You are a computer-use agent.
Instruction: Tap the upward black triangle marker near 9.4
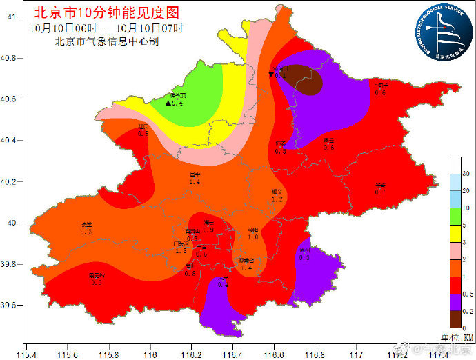(x=168, y=103)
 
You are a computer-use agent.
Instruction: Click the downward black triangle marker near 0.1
(x=271, y=74)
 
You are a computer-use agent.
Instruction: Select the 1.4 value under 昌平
(x=195, y=183)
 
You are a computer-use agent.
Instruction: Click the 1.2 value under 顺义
(x=277, y=199)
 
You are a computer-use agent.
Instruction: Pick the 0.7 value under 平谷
(x=380, y=192)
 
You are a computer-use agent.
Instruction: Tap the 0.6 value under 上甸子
(x=380, y=92)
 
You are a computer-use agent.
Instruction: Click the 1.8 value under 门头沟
(x=181, y=251)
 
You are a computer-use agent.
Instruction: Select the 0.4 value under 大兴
(x=223, y=284)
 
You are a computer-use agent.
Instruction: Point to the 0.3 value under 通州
(x=305, y=257)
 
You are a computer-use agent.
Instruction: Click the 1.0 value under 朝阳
(x=253, y=237)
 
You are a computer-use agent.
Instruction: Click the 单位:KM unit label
(x=458, y=337)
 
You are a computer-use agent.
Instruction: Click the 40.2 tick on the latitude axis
(x=12, y=182)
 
